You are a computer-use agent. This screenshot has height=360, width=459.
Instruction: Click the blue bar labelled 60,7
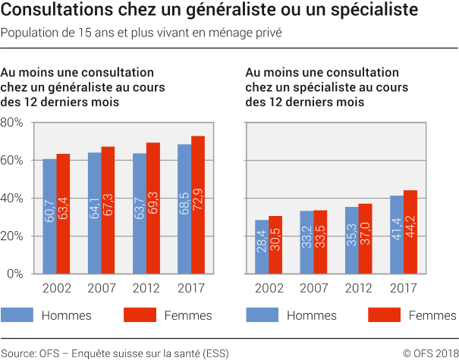tap(49, 217)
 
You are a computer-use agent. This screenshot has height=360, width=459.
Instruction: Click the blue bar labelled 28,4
tap(262, 247)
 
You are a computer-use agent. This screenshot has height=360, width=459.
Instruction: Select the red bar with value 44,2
tap(410, 232)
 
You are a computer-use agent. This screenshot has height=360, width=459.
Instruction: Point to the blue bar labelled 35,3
tap(352, 240)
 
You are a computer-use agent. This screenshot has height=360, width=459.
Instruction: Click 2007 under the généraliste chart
tap(101, 289)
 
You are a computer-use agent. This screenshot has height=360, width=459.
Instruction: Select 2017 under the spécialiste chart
tap(403, 289)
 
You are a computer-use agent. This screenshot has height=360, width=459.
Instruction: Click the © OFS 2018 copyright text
tap(429, 352)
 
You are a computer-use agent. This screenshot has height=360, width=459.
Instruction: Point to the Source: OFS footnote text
tap(115, 352)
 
